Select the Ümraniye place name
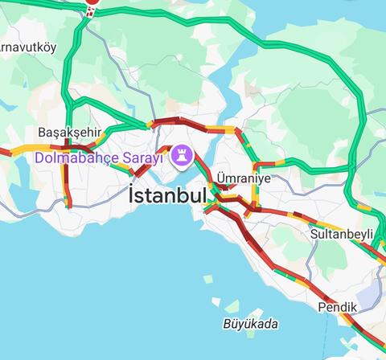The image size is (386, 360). click(x=244, y=178)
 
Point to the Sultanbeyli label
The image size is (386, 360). click(x=343, y=234)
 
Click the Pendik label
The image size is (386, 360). click(x=337, y=307)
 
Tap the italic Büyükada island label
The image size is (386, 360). click(x=249, y=324)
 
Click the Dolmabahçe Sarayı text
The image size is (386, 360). click(x=98, y=157)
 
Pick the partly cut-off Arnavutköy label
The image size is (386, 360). click(x=27, y=47)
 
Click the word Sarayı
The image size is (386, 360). click(x=144, y=157)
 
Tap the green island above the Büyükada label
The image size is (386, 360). click(x=232, y=306)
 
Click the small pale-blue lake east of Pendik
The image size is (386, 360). click(x=369, y=298)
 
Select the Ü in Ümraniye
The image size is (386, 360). click(x=221, y=178)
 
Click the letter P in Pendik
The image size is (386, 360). click(x=322, y=307)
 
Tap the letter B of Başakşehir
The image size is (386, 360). click(x=42, y=132)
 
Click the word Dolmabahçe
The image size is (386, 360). click(x=77, y=157)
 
